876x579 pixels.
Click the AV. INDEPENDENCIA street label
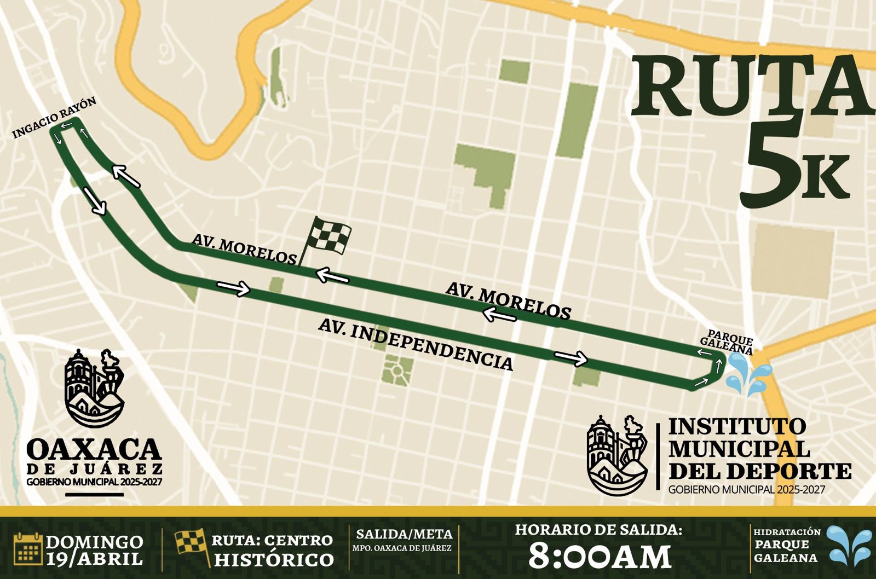(x=416, y=345)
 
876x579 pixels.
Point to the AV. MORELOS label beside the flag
(x=244, y=249)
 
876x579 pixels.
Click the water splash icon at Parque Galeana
(x=747, y=374)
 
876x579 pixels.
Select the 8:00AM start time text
(x=600, y=557)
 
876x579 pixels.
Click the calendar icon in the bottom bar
(x=28, y=549)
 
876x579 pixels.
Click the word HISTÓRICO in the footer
(x=274, y=559)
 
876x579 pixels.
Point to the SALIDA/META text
(x=404, y=534)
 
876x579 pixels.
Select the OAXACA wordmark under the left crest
(x=94, y=449)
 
